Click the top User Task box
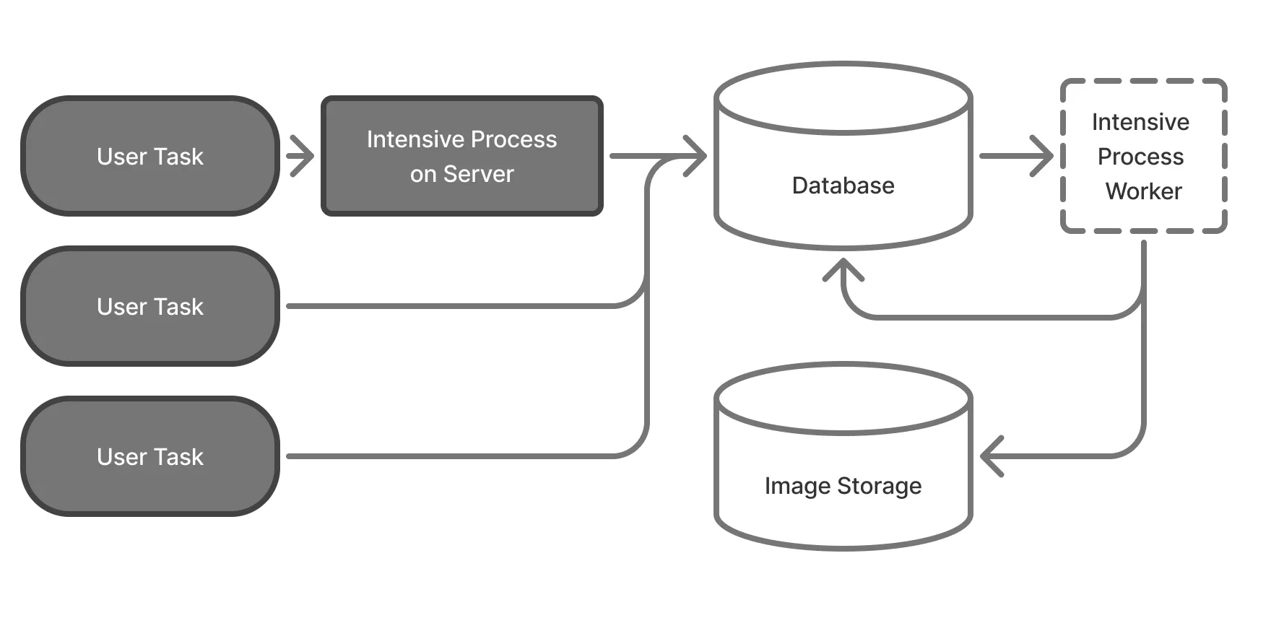click(150, 156)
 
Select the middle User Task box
click(150, 306)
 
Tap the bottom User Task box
click(150, 456)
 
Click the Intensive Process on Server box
click(461, 156)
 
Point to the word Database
click(843, 186)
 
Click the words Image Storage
click(843, 486)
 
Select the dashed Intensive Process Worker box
click(1143, 156)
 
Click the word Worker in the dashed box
click(1143, 191)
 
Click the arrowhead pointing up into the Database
click(843, 271)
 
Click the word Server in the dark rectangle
click(478, 174)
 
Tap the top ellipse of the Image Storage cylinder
click(843, 399)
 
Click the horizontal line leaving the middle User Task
click(448, 306)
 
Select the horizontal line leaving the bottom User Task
click(448, 456)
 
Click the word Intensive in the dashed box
click(1140, 122)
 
